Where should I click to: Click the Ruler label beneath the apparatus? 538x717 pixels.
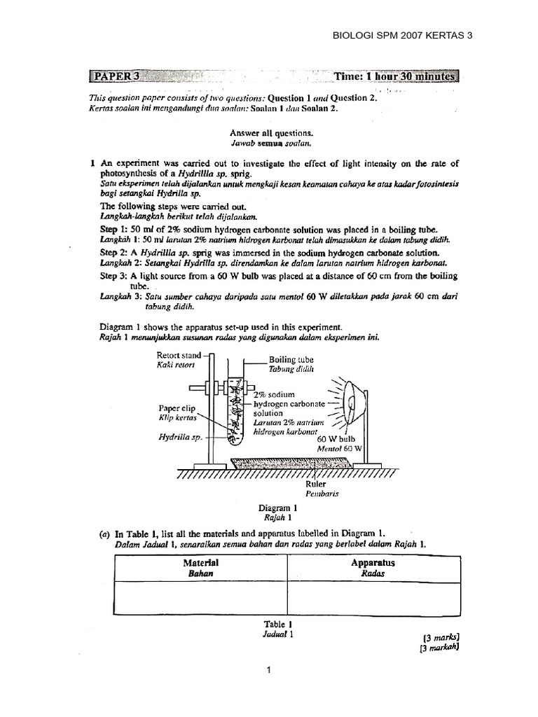(x=317, y=484)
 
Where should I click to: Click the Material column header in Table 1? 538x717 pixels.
(x=200, y=563)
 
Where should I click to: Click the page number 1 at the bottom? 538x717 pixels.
(x=268, y=669)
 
